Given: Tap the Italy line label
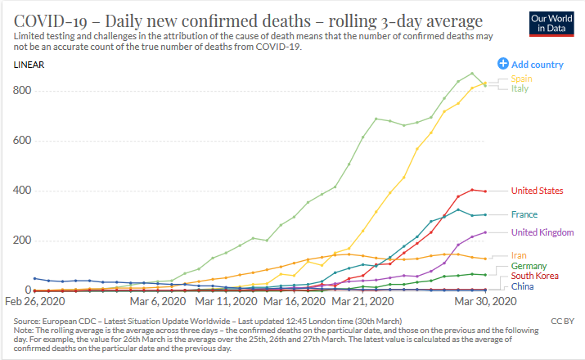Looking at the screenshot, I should point(521,88).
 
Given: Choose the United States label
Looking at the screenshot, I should point(537,191).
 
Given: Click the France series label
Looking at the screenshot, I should point(524,214).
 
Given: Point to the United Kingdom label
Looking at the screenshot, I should point(541,232).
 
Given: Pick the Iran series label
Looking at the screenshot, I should point(520,256).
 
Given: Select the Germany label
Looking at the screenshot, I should point(529,267).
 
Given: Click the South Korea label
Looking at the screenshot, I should point(534,277).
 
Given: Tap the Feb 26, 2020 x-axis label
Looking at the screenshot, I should point(35,302).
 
